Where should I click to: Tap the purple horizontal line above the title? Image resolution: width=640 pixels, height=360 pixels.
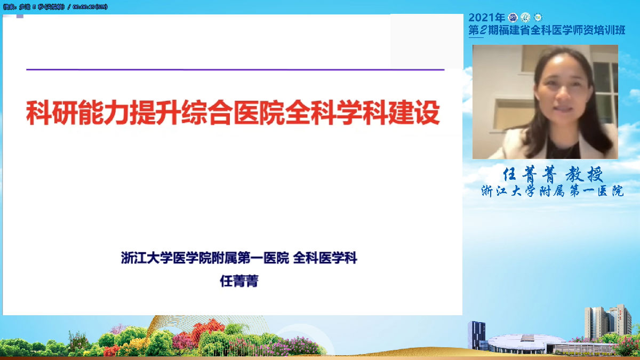click(235, 69)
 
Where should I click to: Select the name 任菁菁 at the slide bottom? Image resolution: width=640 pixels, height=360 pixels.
click(239, 281)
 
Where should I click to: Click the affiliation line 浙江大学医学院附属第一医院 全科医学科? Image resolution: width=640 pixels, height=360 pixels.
click(239, 259)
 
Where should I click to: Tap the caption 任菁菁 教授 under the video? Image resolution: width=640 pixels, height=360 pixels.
click(553, 174)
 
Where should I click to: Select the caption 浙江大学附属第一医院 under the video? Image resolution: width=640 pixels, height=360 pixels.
click(552, 191)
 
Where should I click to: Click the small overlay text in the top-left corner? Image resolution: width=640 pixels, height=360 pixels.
click(56, 6)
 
